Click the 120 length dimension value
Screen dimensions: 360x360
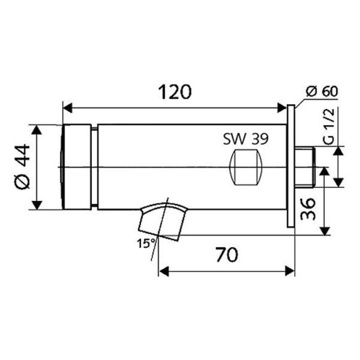175,92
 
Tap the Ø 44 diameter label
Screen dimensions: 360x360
22,167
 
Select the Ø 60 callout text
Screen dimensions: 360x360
322,91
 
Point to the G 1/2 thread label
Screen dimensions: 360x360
329,126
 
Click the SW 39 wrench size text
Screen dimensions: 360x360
246,139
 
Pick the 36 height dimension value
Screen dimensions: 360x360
308,209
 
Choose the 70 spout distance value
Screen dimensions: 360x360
227,254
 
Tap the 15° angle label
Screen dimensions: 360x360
146,244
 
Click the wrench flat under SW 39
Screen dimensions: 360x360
246,167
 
